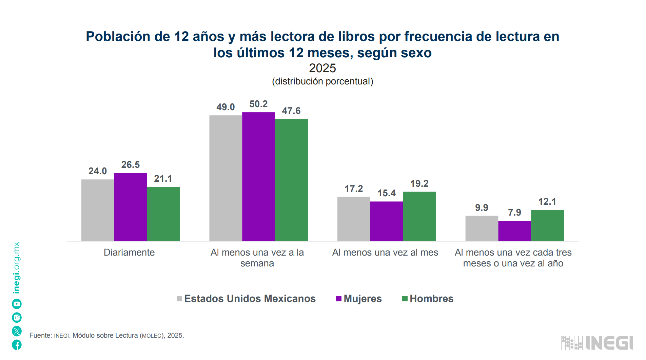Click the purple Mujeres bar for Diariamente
[x=131, y=207]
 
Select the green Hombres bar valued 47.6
[x=291, y=180]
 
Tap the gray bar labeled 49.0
[x=226, y=178]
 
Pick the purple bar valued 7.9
[x=514, y=231]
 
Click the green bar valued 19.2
[x=419, y=216]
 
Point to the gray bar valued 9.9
[x=482, y=228]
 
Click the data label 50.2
[x=258, y=104]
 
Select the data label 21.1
[x=163, y=179]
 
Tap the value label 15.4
[x=387, y=193]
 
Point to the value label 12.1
[x=547, y=202]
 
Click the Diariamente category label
[x=129, y=253]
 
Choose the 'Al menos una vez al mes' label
[x=385, y=253]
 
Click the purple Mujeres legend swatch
[x=338, y=299]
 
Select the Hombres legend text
[x=431, y=299]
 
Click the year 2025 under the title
[x=322, y=68]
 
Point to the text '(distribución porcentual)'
[x=322, y=81]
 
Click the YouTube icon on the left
[x=17, y=304]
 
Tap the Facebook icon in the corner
[x=17, y=345]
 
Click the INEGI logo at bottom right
[x=597, y=343]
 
